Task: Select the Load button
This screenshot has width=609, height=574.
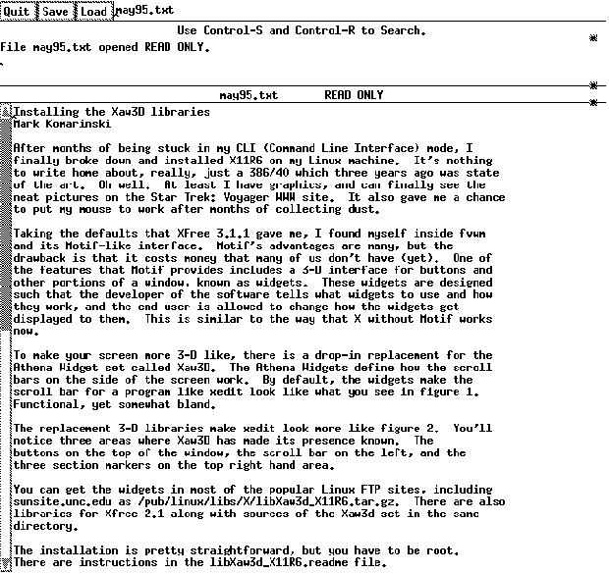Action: click(94, 11)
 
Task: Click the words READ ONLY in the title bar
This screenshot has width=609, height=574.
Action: click(354, 95)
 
